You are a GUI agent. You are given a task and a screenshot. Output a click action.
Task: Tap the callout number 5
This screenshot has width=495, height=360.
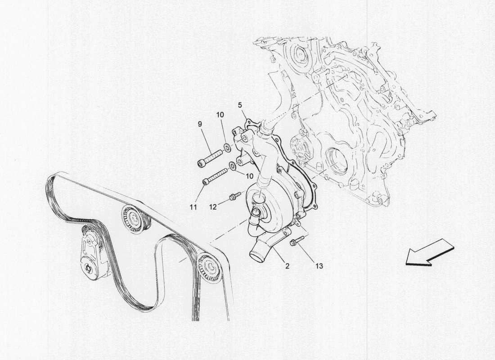point(240,105)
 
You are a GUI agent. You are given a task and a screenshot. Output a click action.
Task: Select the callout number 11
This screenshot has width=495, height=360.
point(193,207)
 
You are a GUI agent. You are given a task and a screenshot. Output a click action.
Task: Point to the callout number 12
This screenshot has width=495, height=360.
point(213,207)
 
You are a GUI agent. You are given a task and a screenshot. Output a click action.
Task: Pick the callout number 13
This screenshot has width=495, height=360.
point(319,266)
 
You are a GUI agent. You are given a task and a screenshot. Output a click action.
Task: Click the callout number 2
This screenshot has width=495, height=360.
point(287,266)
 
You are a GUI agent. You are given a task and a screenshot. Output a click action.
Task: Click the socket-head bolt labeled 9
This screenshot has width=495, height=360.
point(210,157)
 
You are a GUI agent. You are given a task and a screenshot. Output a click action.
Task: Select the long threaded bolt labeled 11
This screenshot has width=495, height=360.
point(216,176)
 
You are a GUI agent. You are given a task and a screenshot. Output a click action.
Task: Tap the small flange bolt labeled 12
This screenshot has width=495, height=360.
point(234,197)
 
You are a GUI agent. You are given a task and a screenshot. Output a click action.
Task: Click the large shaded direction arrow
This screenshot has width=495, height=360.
point(429,255)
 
